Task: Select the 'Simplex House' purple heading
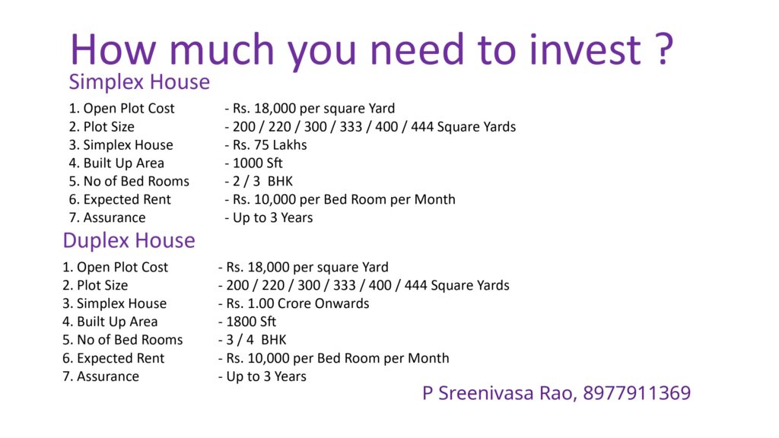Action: click(139, 82)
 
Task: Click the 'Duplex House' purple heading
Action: click(129, 241)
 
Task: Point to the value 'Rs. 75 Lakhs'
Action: click(270, 145)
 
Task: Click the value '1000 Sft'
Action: click(257, 163)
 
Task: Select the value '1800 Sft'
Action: click(251, 322)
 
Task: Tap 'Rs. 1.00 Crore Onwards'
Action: click(297, 303)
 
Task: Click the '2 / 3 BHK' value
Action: click(262, 181)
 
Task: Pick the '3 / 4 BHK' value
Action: click(256, 340)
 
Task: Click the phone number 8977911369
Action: click(637, 393)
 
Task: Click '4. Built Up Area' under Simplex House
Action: click(116, 163)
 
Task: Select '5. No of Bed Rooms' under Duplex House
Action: click(122, 340)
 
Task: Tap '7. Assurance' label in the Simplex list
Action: click(107, 217)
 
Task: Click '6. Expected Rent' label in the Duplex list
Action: click(113, 359)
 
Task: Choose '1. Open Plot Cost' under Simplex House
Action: click(122, 108)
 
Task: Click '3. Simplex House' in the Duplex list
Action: click(114, 303)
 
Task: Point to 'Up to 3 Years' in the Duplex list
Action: click(266, 376)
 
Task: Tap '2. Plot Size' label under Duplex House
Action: click(95, 286)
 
